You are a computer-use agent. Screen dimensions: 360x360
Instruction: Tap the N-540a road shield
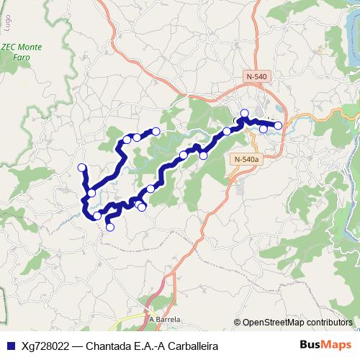pos(246,160)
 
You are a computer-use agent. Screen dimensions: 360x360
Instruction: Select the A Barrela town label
pos(164,320)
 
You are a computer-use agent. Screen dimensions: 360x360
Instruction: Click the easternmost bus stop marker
pos(279,126)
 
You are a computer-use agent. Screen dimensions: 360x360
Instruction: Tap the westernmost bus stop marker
pos(81,168)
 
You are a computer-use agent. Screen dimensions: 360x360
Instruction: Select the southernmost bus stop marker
pos(110,228)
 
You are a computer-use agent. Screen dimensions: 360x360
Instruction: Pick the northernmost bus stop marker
pos(244,113)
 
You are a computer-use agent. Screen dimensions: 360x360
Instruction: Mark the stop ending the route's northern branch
pos(155,130)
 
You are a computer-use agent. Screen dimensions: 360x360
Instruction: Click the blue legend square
pos(7,345)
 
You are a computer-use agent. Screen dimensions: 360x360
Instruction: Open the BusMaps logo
pos(326,344)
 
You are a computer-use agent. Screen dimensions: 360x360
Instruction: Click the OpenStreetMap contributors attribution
pos(297,323)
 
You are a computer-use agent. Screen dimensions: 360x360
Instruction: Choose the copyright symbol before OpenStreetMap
pos(238,323)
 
